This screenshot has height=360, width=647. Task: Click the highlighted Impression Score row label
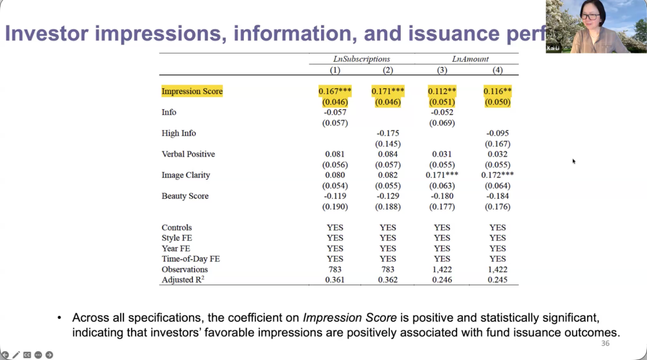click(x=192, y=91)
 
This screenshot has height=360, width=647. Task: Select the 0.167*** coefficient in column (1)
click(x=335, y=91)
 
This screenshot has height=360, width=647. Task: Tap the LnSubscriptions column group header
click(x=361, y=59)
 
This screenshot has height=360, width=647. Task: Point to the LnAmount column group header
click(x=470, y=59)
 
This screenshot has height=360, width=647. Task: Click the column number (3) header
click(x=442, y=70)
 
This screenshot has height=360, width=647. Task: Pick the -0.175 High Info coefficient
click(x=388, y=133)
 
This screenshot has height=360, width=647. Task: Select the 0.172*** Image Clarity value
click(x=497, y=175)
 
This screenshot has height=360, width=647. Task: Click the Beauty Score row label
click(x=185, y=196)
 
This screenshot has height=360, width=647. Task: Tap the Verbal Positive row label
click(x=188, y=154)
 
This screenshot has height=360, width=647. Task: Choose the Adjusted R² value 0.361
click(x=335, y=280)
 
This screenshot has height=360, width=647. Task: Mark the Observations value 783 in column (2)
click(x=388, y=269)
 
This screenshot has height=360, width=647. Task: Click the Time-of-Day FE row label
click(x=191, y=259)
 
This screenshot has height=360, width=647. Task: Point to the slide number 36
click(x=605, y=343)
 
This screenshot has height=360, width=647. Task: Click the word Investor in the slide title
click(x=47, y=33)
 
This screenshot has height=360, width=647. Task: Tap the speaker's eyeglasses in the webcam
click(x=590, y=17)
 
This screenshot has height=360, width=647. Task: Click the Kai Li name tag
click(x=553, y=48)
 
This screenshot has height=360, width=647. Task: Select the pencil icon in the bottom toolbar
click(x=16, y=354)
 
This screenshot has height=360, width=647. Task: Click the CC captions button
click(x=27, y=354)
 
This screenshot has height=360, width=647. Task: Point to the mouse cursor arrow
click(x=574, y=161)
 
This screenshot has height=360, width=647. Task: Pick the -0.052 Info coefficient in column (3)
click(x=442, y=112)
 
